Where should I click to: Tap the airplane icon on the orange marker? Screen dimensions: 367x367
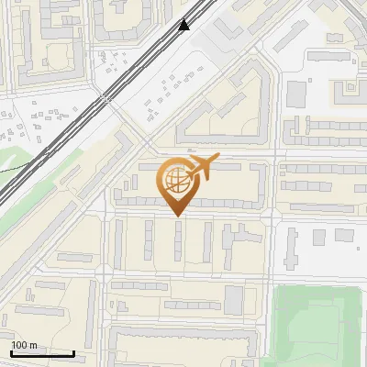pyautogui.click(x=203, y=168)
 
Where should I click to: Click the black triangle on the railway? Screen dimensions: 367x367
pyautogui.click(x=184, y=25)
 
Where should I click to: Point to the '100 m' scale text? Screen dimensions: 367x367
pyautogui.click(x=25, y=345)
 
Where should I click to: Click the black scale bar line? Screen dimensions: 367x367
pyautogui.click(x=42, y=353)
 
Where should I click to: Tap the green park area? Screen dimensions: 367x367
pyautogui.click(x=317, y=326)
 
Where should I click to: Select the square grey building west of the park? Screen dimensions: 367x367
pyautogui.click(x=234, y=299)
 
